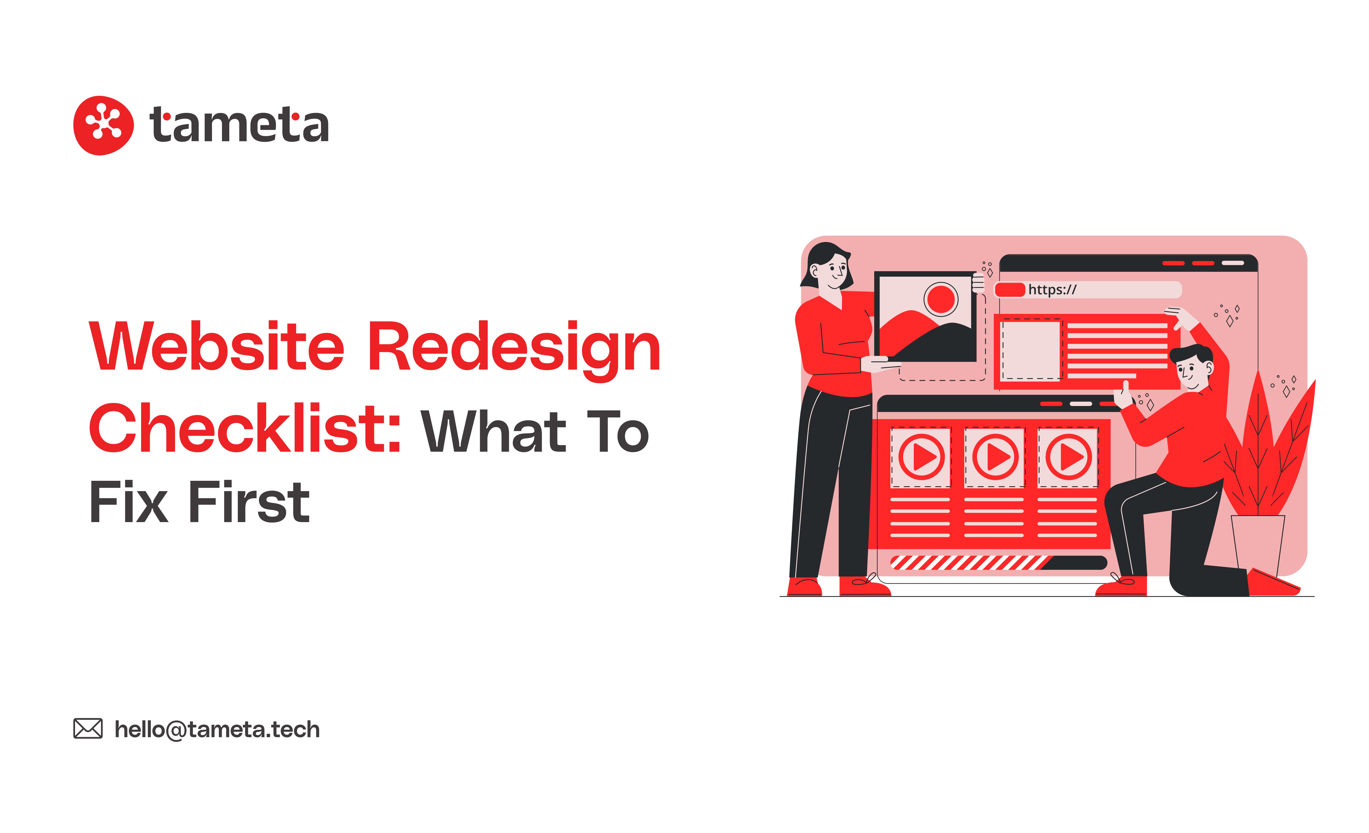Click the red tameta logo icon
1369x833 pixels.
(103, 125)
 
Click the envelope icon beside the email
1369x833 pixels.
(88, 729)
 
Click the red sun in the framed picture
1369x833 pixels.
(941, 299)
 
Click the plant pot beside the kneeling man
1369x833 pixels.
(1258, 544)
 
